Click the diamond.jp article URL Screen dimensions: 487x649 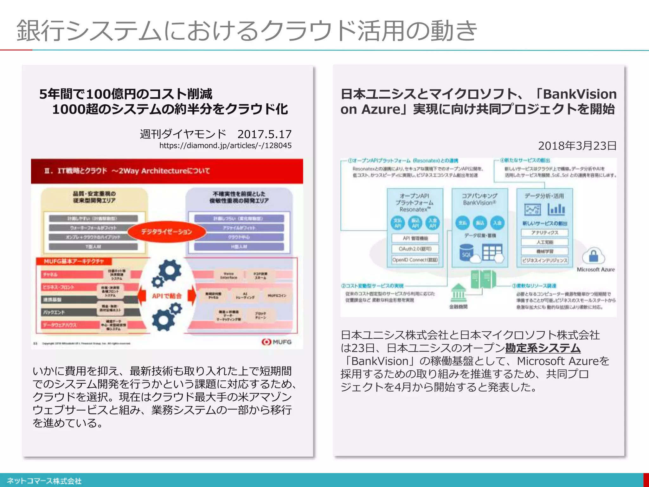click(x=225, y=146)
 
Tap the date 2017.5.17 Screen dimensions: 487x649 click(x=264, y=134)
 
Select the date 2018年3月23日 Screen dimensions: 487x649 click(x=577, y=146)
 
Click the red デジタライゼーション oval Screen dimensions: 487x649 click(x=167, y=231)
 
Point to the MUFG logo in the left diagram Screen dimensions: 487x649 click(x=276, y=342)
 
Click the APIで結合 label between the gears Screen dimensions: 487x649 click(x=167, y=296)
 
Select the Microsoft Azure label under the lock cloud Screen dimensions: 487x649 click(x=595, y=269)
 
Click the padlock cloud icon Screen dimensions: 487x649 click(x=593, y=256)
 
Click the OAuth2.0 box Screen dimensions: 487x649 click(x=415, y=249)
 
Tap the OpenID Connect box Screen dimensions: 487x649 click(x=415, y=260)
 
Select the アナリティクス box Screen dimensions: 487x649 click(x=544, y=233)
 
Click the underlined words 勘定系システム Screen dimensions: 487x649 click(x=543, y=348)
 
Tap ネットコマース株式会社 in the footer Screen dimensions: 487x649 click(x=44, y=481)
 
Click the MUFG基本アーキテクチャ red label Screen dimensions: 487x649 click(x=74, y=261)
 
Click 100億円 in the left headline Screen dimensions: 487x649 click(x=106, y=94)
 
